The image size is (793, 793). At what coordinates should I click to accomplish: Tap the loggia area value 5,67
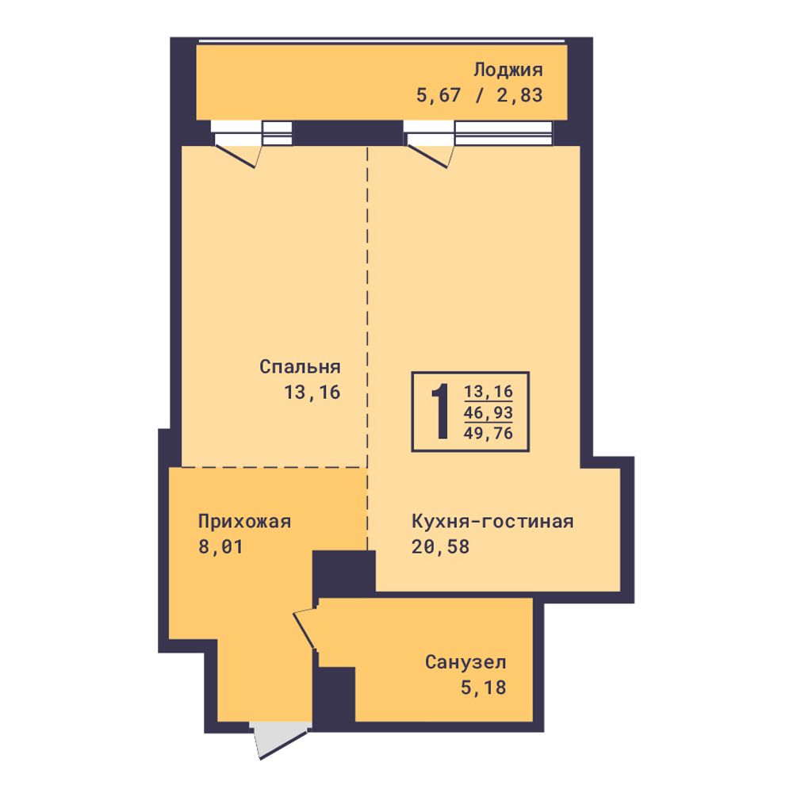[x=438, y=95]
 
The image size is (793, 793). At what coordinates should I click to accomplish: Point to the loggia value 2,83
[x=519, y=95]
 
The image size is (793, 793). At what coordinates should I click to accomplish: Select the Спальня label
[x=300, y=366]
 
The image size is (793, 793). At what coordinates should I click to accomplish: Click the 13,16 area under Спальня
[x=312, y=393]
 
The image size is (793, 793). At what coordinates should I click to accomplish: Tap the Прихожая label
[x=245, y=521]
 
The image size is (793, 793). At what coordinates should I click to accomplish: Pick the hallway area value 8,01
[x=220, y=546]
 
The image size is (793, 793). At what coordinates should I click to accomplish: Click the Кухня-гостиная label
[x=492, y=521]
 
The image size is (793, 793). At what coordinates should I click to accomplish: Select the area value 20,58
[x=440, y=546]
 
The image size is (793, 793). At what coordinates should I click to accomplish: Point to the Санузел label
[x=465, y=662]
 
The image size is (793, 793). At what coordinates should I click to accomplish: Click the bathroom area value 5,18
[x=483, y=688]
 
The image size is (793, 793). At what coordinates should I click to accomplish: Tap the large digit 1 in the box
[x=440, y=411]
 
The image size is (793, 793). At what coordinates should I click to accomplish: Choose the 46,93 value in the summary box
[x=488, y=412]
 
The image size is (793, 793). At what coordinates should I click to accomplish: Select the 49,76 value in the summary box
[x=488, y=434]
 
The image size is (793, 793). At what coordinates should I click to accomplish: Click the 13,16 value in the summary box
[x=488, y=392]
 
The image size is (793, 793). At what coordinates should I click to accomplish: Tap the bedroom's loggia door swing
[x=238, y=156]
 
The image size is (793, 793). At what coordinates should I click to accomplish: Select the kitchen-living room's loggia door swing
[x=430, y=156]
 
